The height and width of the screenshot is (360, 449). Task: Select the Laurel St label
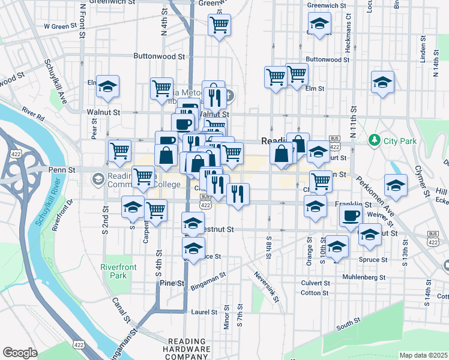204,312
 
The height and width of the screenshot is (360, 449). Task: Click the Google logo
20,353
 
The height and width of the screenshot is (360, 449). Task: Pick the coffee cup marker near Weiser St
351,216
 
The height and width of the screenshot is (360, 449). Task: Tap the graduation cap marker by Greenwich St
319,25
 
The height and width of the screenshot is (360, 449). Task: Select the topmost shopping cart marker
219,25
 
